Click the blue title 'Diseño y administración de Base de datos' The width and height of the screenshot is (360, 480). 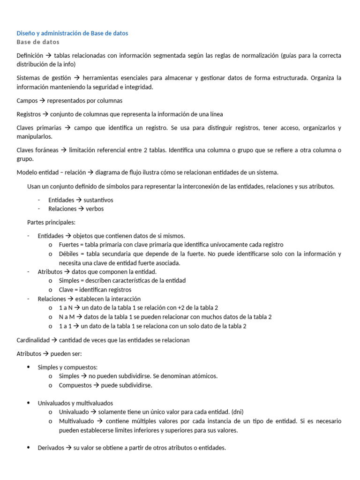click(x=72, y=33)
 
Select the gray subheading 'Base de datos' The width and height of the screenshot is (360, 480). click(x=38, y=42)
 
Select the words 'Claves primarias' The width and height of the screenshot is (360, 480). click(x=39, y=127)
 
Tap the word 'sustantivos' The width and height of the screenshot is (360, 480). click(x=98, y=200)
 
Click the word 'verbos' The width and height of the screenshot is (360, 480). click(x=95, y=209)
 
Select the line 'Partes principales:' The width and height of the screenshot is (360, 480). click(x=51, y=222)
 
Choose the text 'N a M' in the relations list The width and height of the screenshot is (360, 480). click(x=67, y=317)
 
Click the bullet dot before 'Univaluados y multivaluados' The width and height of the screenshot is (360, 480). click(x=29, y=403)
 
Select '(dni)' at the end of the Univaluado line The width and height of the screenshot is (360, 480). click(x=236, y=412)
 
